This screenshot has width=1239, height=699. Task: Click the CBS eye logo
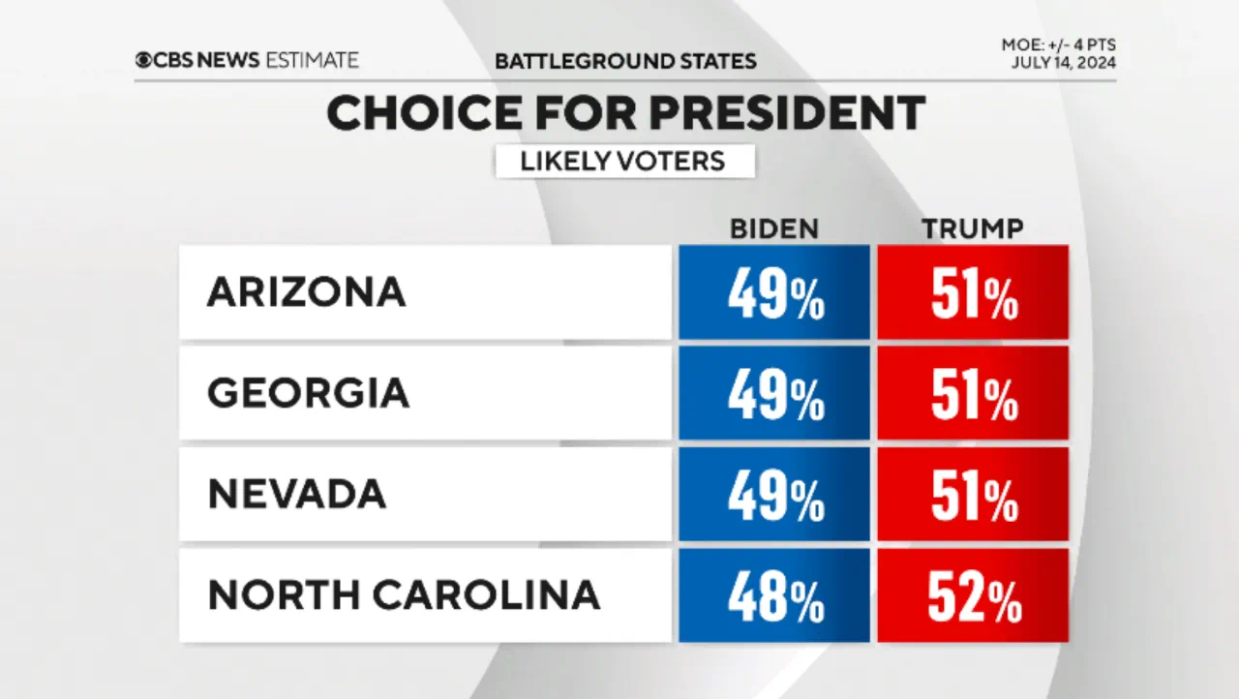[144, 60]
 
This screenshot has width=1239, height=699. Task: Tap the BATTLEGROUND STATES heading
[625, 61]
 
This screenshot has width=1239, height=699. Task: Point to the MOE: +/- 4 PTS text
[1059, 46]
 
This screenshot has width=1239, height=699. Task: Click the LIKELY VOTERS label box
[624, 161]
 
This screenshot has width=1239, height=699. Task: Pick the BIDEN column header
[773, 228]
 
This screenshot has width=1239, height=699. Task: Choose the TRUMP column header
[973, 228]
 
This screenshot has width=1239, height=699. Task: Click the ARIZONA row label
[306, 292]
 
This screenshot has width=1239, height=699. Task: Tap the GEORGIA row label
[308, 393]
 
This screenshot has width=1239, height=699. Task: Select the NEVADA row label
[296, 494]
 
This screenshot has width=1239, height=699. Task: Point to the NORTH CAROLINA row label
[404, 595]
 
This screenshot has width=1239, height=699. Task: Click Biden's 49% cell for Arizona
[774, 292]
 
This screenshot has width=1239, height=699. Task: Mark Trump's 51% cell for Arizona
[973, 292]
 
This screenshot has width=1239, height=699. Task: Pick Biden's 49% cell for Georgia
[774, 393]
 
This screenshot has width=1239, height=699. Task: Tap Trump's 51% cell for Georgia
[973, 393]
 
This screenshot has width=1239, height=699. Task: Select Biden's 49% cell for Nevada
[774, 494]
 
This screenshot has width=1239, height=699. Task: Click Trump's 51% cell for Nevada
[973, 494]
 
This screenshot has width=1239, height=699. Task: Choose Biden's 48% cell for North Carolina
[774, 595]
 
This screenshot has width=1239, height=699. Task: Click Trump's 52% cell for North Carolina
[973, 595]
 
